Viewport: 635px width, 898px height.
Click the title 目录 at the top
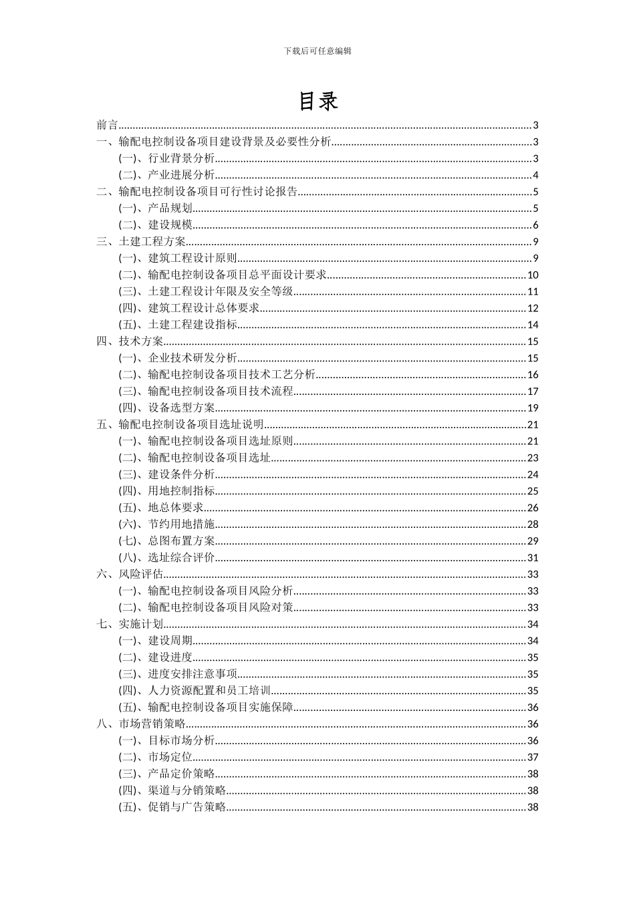coord(317,101)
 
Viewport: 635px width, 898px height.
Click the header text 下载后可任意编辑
coord(317,51)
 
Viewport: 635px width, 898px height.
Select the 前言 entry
coord(107,125)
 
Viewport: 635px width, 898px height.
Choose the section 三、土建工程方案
coord(141,242)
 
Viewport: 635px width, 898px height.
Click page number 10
coord(533,275)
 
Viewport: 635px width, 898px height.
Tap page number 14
coord(533,325)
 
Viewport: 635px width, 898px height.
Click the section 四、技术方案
coord(130,341)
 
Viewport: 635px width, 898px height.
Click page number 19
coord(533,408)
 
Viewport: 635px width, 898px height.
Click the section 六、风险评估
coord(130,574)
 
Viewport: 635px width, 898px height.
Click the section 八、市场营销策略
coord(141,724)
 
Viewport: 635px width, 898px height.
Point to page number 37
coord(533,757)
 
